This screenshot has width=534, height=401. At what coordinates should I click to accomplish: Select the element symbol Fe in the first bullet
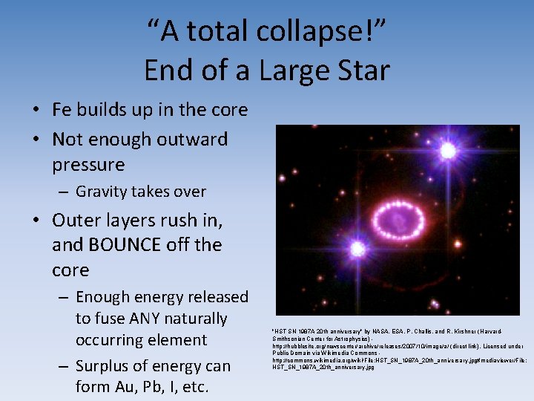pyautogui.click(x=62, y=110)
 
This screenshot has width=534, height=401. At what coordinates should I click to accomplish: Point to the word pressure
pyautogui.click(x=88, y=163)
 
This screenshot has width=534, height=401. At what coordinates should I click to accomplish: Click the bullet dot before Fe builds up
pyautogui.click(x=36, y=111)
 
